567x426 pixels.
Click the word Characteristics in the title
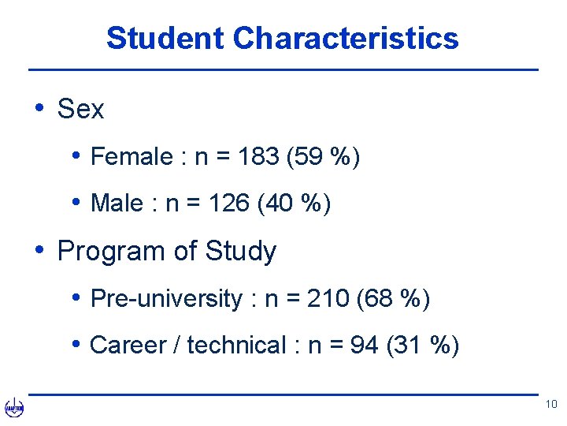(346, 38)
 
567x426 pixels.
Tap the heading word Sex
(80, 110)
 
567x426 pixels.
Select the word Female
(132, 157)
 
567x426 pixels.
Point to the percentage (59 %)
(324, 157)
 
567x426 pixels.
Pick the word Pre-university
(167, 299)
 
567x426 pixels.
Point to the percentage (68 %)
(394, 299)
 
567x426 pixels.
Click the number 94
(364, 346)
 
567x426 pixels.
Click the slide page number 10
(550, 405)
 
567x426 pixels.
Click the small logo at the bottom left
(14, 407)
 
